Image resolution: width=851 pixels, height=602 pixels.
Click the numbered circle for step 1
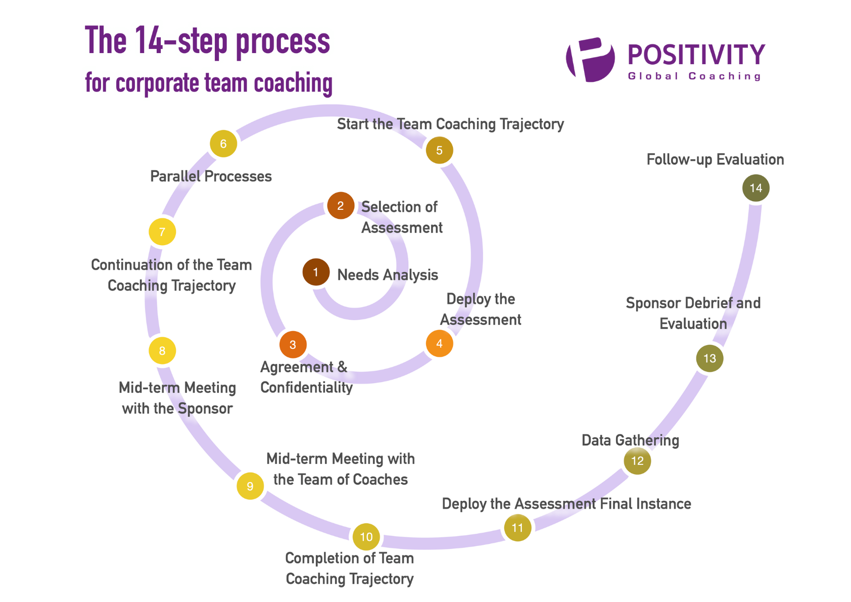(x=316, y=272)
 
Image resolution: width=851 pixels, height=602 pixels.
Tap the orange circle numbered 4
(x=439, y=344)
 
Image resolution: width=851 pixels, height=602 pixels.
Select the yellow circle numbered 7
(x=162, y=232)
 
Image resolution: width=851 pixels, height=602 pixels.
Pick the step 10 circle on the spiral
(x=366, y=537)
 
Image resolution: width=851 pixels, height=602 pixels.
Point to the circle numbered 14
(x=755, y=188)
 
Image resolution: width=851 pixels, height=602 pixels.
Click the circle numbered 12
(x=637, y=461)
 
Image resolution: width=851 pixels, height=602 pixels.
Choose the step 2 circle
(x=341, y=206)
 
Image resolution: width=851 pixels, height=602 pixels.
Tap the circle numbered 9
(x=250, y=486)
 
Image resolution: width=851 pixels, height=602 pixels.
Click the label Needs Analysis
(x=388, y=275)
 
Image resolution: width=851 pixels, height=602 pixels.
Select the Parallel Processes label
(x=211, y=176)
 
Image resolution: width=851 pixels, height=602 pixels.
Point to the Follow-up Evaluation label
(x=715, y=160)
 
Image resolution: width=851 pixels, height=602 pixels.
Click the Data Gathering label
(x=630, y=440)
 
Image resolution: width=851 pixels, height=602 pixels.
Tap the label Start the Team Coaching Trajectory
(x=450, y=124)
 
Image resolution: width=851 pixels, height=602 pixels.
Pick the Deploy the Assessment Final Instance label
(x=566, y=504)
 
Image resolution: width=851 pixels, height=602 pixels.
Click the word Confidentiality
(x=306, y=388)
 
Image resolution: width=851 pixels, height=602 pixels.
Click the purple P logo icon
(x=590, y=60)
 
